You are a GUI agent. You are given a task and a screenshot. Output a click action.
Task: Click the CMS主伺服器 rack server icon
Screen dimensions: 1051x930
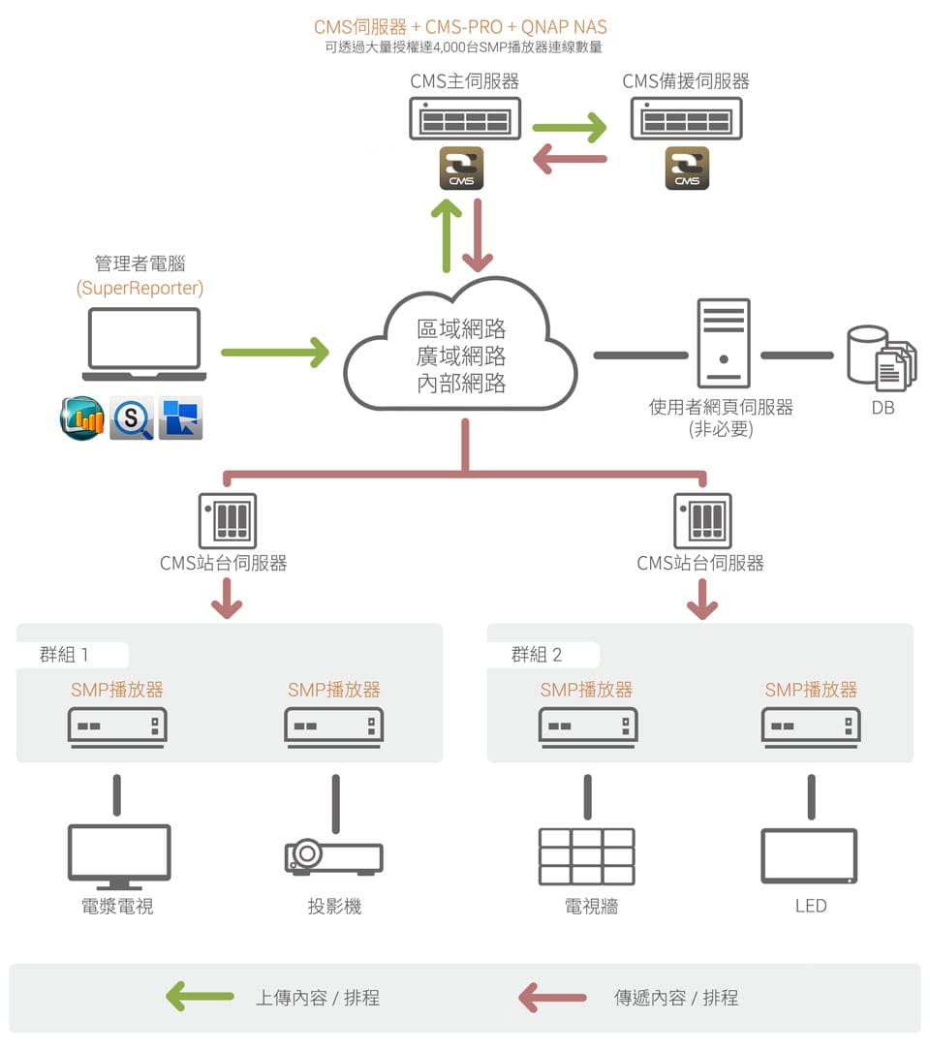pyautogui.click(x=464, y=118)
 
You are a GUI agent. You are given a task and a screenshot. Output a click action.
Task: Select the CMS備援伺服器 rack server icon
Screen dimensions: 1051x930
pyautogui.click(x=686, y=118)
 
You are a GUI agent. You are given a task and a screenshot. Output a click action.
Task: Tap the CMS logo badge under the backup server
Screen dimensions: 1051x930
pyautogui.click(x=686, y=168)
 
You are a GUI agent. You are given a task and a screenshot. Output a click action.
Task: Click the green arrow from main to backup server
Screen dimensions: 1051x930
pyautogui.click(x=570, y=127)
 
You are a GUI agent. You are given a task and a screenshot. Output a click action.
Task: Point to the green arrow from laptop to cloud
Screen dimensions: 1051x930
pyautogui.click(x=275, y=352)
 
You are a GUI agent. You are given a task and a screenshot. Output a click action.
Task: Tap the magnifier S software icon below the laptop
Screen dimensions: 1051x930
pyautogui.click(x=132, y=419)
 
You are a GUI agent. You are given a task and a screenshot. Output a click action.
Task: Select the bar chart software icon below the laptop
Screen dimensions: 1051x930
pyautogui.click(x=82, y=418)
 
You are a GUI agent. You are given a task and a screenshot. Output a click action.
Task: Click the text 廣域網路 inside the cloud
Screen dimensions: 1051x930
pyautogui.click(x=461, y=355)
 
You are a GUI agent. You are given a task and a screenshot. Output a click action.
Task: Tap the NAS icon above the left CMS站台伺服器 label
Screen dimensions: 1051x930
pyautogui.click(x=228, y=520)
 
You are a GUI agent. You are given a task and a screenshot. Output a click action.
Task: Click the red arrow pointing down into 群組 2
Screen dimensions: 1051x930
pyautogui.click(x=701, y=598)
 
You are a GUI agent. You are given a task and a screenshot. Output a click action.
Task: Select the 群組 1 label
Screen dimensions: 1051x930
pyautogui.click(x=64, y=655)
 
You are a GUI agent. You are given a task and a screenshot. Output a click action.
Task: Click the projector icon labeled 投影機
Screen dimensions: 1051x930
pyautogui.click(x=334, y=856)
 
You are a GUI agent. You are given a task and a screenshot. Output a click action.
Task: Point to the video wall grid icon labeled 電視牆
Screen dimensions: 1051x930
pyautogui.click(x=586, y=856)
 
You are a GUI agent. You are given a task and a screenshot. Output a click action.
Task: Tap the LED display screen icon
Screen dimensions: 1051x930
pyautogui.click(x=809, y=855)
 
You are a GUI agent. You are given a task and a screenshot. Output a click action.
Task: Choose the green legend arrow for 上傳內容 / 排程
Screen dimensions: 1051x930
pyautogui.click(x=200, y=996)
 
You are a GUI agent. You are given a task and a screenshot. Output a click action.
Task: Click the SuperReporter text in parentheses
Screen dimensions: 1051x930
pyautogui.click(x=139, y=288)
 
